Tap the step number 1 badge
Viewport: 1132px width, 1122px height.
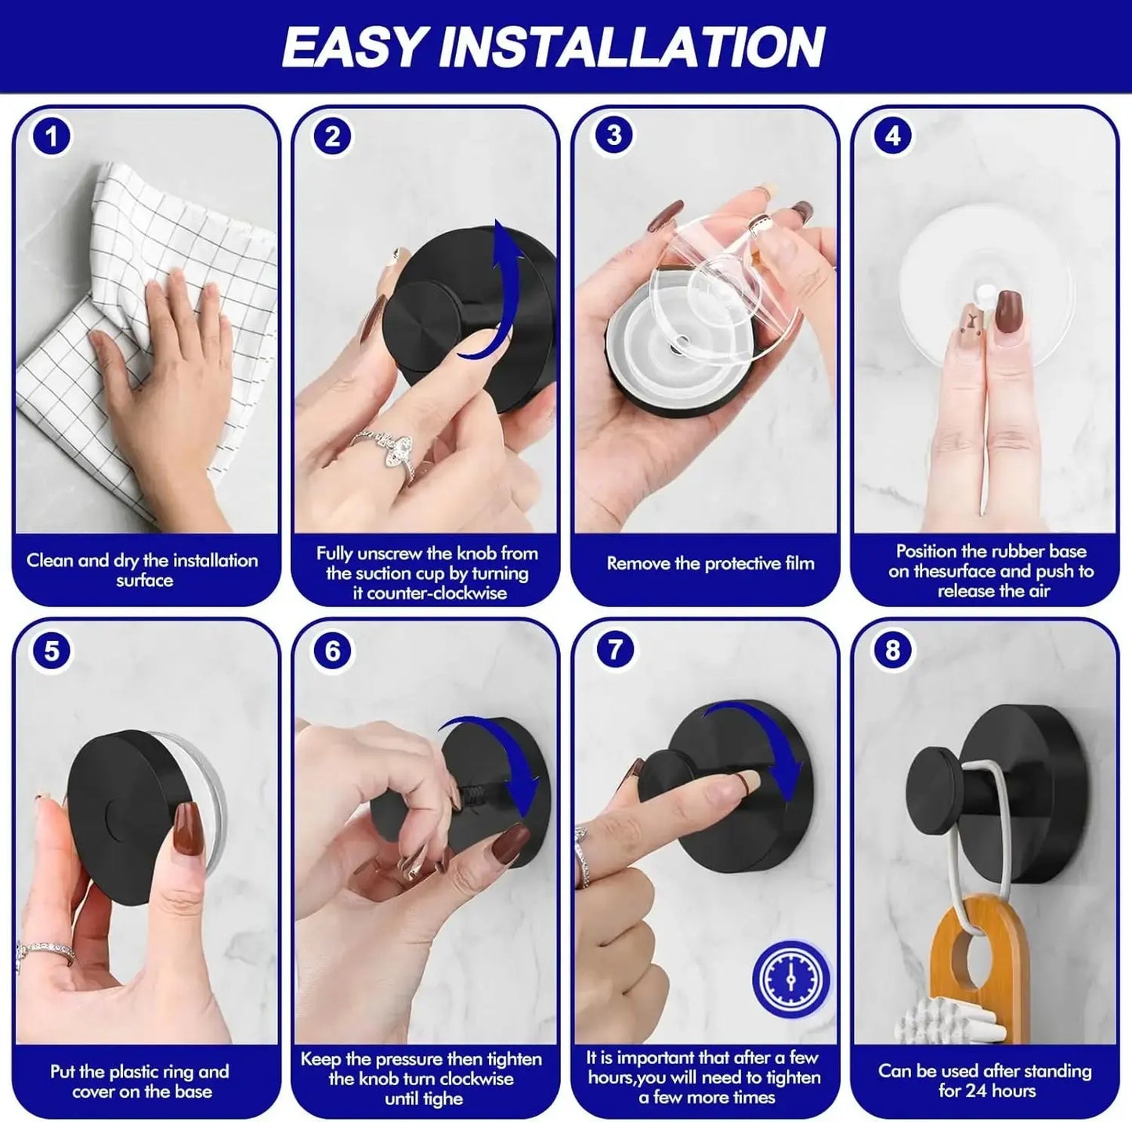52,137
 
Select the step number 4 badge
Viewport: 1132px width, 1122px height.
892,136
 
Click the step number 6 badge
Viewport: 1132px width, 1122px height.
333,650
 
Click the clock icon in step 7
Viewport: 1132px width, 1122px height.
790,979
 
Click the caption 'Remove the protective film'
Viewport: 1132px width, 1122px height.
710,563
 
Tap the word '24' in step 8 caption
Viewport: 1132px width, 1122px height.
983,1091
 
